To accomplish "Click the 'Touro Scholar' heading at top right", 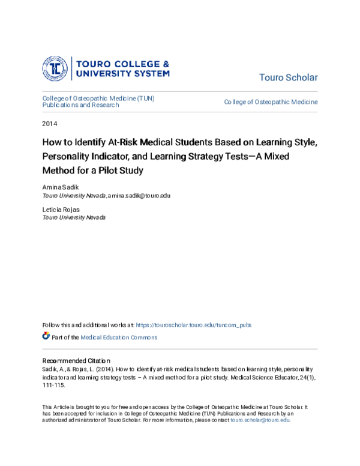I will (x=288, y=78).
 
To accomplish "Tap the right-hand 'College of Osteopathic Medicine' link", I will (x=271, y=102).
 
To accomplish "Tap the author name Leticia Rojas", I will (x=61, y=210).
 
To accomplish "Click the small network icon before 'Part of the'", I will (x=46, y=336).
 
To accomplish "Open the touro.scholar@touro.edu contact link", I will (x=260, y=420).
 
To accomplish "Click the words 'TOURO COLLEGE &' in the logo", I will (x=120, y=63).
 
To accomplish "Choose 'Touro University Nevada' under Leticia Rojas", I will (x=74, y=217).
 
